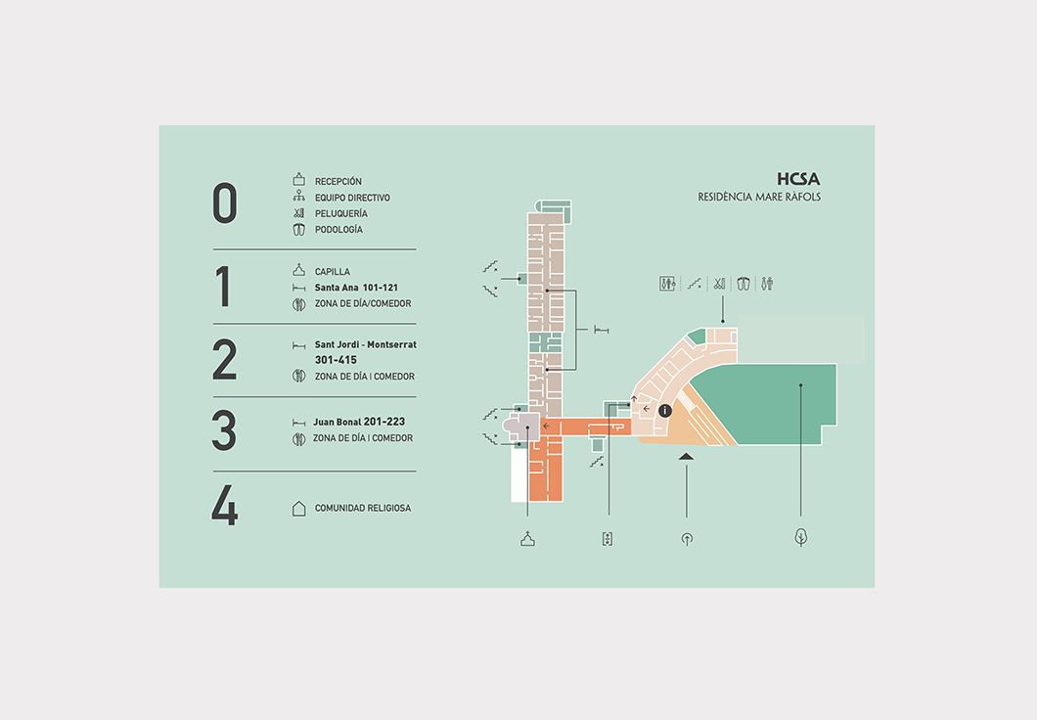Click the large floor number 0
[x=224, y=202]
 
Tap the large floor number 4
[x=224, y=505]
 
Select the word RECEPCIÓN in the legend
[x=338, y=181]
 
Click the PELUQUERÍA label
[x=341, y=213]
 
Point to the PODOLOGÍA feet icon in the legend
[x=299, y=230]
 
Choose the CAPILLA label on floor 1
[x=333, y=272]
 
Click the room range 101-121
[x=381, y=288]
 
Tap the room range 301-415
[x=336, y=360]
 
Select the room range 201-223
[x=384, y=422]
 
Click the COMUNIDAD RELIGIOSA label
[x=363, y=508]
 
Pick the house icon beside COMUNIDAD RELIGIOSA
[x=299, y=508]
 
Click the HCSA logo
[x=798, y=178]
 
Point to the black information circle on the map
[x=665, y=411]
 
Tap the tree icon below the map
[x=801, y=537]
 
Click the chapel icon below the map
[x=527, y=539]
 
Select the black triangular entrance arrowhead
[x=686, y=456]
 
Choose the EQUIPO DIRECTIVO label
[x=352, y=198]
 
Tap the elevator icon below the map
[x=608, y=539]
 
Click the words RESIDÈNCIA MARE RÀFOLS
[x=759, y=197]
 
